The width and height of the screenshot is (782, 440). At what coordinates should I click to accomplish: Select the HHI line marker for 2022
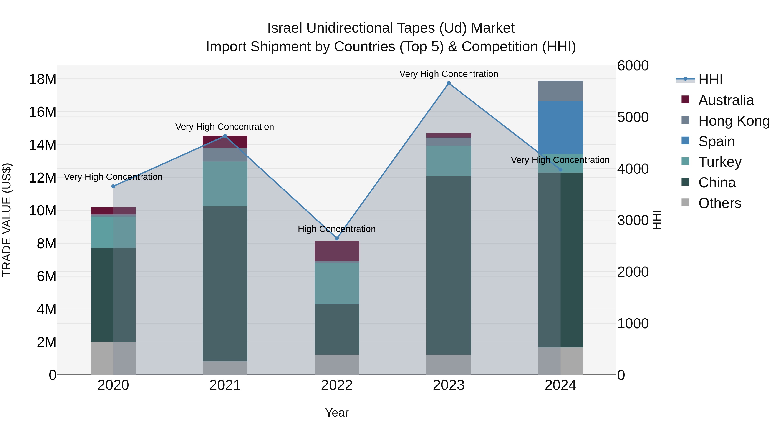click(x=337, y=238)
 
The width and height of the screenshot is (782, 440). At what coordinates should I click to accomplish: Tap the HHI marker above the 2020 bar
click(x=113, y=186)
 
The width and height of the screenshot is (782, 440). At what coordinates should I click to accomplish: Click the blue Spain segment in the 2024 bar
click(x=560, y=128)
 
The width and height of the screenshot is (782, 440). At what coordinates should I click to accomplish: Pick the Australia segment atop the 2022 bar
click(x=337, y=251)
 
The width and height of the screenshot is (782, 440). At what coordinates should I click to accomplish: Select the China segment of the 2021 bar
click(x=225, y=283)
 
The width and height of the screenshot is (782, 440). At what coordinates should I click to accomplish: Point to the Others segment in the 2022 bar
click(x=337, y=364)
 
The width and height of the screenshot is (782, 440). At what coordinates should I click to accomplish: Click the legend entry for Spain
click(x=716, y=141)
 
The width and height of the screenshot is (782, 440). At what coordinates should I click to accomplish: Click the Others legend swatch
click(x=686, y=203)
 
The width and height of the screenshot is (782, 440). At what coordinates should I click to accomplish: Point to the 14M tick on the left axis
click(x=43, y=145)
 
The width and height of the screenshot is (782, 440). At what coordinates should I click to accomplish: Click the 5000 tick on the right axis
click(x=633, y=117)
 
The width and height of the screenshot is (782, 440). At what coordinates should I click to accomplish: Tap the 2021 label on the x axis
click(x=225, y=385)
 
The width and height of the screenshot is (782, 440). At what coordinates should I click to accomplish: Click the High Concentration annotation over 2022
click(x=337, y=229)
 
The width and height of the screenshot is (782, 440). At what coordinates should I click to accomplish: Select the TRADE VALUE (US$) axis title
click(x=7, y=220)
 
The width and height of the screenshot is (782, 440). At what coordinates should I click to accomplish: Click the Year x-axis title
click(x=337, y=413)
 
